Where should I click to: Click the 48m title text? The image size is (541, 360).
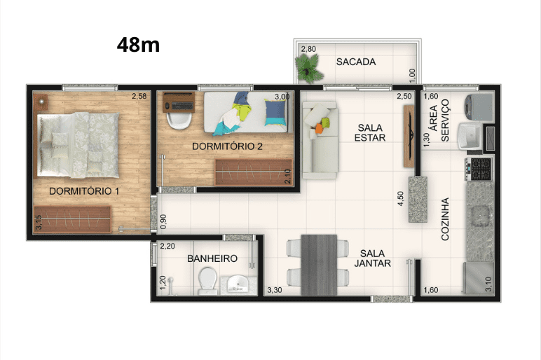point(138,45)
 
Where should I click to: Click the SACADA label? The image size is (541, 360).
point(356,62)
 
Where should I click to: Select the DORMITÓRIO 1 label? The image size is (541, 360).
point(84,191)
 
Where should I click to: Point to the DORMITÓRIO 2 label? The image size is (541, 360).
point(227,146)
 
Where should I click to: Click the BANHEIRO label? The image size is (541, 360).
point(212,258)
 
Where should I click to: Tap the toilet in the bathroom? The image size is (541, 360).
point(207,280)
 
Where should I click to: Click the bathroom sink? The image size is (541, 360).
point(239,285)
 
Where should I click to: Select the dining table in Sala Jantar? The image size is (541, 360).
point(319,265)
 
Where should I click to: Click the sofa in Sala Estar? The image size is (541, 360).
point(320,140)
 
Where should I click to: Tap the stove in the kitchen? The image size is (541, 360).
point(479,169)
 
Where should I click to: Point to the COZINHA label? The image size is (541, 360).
point(445,219)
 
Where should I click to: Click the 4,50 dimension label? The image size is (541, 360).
point(401,199)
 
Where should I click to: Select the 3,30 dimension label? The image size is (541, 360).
point(275,291)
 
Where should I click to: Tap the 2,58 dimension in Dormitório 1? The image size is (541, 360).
point(139,96)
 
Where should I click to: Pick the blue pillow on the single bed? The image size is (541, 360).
point(275,113)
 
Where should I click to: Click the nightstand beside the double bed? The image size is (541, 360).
point(41,102)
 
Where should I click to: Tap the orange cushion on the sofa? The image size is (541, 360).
point(319,128)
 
